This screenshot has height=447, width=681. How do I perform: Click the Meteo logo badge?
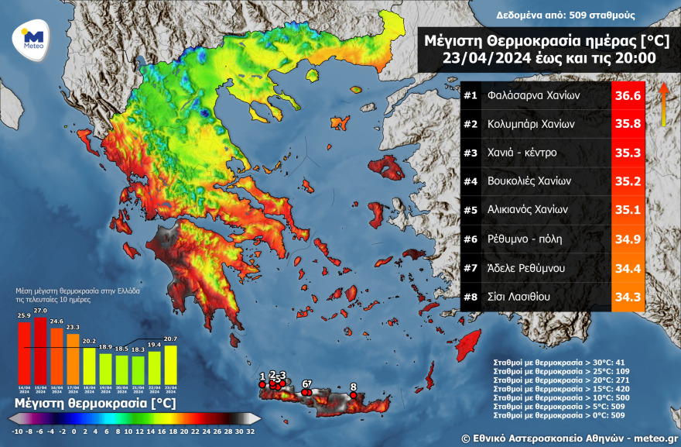(32, 38)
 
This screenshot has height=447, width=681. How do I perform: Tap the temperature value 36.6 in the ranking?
(627, 96)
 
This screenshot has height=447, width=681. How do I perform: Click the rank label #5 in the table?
(471, 209)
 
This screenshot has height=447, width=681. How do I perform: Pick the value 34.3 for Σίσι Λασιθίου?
(627, 296)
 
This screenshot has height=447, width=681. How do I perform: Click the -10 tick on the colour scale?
(17, 431)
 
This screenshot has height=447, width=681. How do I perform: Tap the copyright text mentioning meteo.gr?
(569, 438)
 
